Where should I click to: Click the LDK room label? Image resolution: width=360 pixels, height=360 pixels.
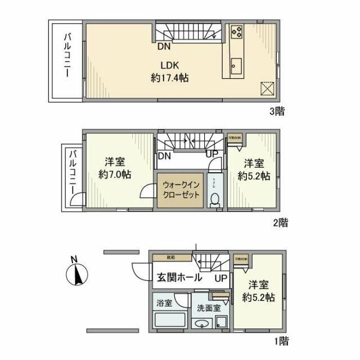[169, 65]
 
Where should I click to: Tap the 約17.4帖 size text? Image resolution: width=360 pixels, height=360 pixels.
[169, 78]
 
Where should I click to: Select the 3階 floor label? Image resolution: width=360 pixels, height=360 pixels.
[276, 111]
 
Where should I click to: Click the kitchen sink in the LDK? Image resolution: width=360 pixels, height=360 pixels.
[235, 64]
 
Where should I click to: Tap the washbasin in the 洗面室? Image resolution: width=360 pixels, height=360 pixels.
[201, 324]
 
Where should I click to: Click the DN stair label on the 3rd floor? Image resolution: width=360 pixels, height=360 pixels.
[164, 46]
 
